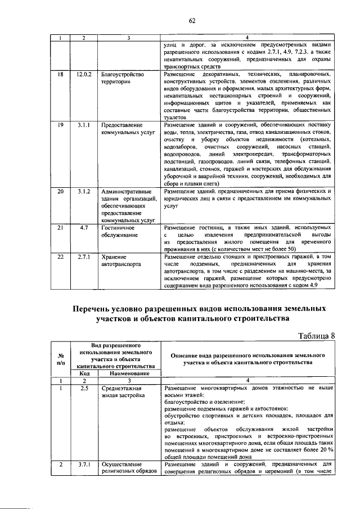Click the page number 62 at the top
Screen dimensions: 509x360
tap(191, 21)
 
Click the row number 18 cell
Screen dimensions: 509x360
tap(60, 74)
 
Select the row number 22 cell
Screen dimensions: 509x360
tap(60, 256)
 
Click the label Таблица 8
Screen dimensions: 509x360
tap(316, 336)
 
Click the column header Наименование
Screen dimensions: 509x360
tap(128, 373)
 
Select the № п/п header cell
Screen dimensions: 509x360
tap(60, 359)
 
